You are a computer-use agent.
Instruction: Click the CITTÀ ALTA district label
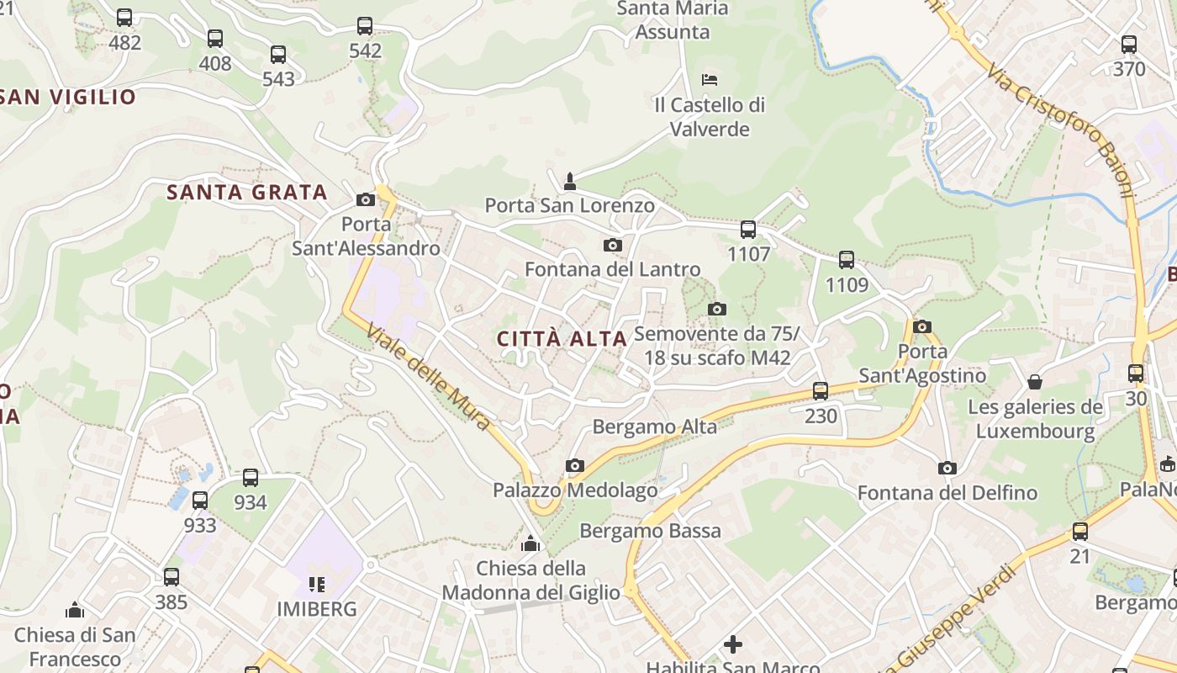(x=562, y=339)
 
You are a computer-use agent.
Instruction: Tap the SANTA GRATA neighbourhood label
(x=246, y=193)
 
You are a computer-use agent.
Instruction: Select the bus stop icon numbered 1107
(x=747, y=229)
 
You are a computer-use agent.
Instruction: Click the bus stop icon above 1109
(x=847, y=260)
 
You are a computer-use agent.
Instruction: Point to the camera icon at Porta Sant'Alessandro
(x=366, y=199)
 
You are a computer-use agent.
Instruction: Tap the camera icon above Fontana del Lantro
(x=613, y=245)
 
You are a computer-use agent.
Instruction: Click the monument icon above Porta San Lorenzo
(x=570, y=180)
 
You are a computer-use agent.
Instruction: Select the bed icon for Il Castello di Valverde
(x=710, y=80)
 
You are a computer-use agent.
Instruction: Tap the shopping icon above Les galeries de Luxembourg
(x=1035, y=382)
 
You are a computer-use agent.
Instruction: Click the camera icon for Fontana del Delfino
(x=947, y=468)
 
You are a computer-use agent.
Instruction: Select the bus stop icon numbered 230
(x=821, y=390)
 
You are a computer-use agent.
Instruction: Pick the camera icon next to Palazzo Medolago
(x=575, y=465)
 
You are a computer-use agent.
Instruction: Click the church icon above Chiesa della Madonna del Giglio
(x=530, y=543)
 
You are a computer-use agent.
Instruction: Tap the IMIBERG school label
(x=317, y=608)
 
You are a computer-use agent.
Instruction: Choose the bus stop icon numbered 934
(x=251, y=478)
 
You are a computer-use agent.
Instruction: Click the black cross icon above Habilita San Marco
(x=733, y=644)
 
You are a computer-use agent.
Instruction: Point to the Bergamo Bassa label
(x=651, y=531)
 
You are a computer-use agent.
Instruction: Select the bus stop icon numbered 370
(x=1129, y=44)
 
